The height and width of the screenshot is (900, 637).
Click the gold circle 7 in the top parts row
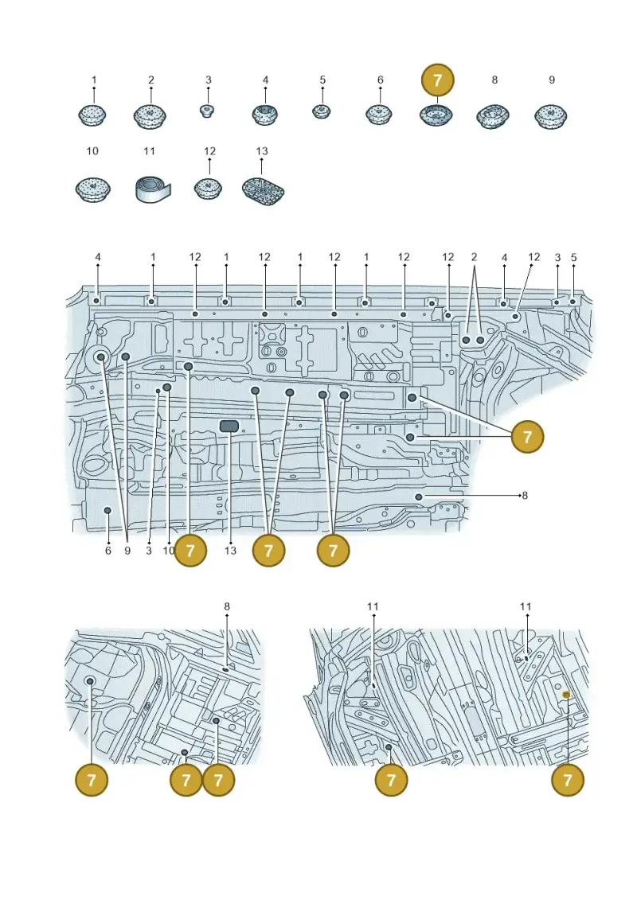pos(438,80)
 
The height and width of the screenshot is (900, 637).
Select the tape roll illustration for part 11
pos(154,189)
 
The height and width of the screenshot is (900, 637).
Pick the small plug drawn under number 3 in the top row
pos(207,110)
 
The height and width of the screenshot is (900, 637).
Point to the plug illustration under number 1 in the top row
pos(92,115)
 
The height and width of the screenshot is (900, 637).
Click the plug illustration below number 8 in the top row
pos(493,116)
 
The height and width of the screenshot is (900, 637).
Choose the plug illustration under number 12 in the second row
pos(208,189)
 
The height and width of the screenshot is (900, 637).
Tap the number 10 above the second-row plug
pos(92,151)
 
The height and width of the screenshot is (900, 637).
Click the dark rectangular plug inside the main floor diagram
pos(229,425)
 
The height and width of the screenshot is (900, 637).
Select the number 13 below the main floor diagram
pos(230,551)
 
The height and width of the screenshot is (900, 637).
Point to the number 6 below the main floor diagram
pos(108,551)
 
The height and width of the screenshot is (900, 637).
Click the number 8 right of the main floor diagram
pos(525,495)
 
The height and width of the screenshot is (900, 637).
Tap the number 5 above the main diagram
pos(573,257)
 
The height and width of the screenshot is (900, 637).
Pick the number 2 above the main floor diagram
pos(474,257)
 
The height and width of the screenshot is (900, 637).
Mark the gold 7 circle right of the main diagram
pos(527,437)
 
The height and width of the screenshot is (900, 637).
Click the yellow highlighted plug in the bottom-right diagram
pos(566,695)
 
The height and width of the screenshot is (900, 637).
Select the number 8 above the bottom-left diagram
pos(227,606)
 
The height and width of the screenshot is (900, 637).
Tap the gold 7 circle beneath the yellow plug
pos(568,780)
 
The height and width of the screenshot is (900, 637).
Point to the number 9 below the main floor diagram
pos(127,551)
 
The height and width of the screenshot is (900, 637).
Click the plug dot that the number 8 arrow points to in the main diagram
pos(420,496)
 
